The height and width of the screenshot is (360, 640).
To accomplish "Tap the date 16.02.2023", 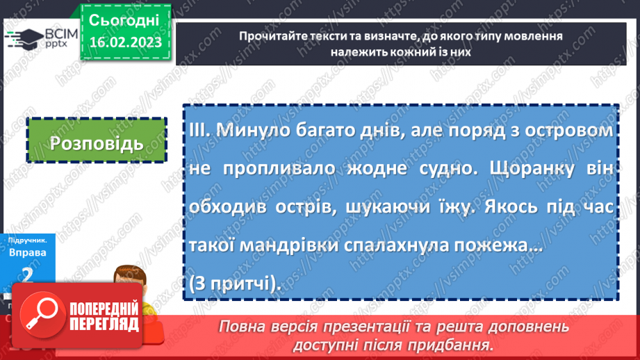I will [x=125, y=41].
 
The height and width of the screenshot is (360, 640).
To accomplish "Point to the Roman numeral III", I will [x=200, y=130].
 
